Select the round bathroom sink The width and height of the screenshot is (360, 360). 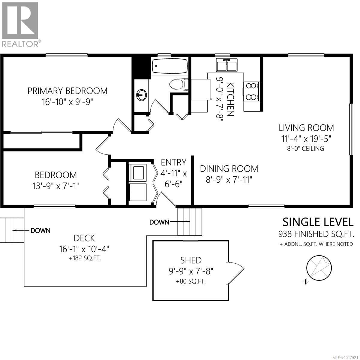(x=141, y=95)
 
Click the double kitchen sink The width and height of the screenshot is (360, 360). (x=227, y=65)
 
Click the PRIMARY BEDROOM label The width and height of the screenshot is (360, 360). (x=67, y=91)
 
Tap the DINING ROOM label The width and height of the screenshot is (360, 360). (x=229, y=168)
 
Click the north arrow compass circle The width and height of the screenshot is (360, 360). (x=319, y=268)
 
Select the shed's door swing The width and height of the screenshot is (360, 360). (x=236, y=273)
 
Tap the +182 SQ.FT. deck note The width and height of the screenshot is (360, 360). (x=84, y=258)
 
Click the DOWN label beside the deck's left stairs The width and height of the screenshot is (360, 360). (x=40, y=231)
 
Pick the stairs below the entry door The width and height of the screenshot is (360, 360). (x=190, y=221)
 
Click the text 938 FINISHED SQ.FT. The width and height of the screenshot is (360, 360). (x=316, y=234)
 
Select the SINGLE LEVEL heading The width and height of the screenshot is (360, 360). (x=318, y=222)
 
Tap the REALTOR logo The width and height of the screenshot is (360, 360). (x=20, y=24)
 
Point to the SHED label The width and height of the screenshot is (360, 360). (x=191, y=260)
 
